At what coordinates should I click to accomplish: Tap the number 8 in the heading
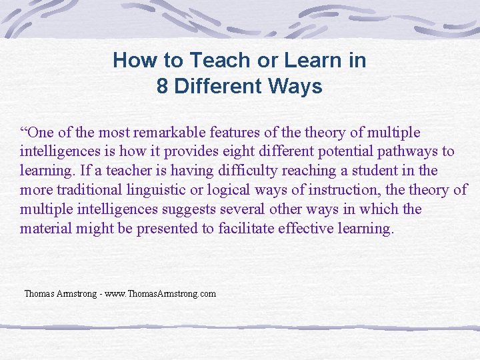[x=163, y=87]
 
